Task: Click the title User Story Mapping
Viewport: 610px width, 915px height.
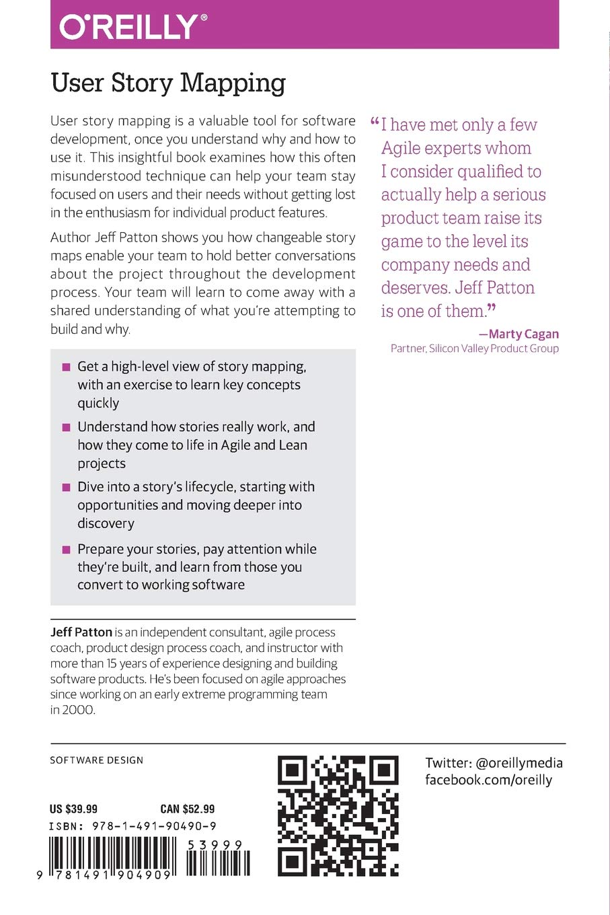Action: tap(168, 83)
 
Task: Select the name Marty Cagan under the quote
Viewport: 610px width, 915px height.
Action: tap(523, 334)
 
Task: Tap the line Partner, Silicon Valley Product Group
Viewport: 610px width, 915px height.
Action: tap(474, 349)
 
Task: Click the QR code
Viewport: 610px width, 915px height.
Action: tap(338, 815)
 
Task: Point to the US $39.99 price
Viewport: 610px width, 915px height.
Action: tap(73, 809)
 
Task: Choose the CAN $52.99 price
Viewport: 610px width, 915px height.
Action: tap(187, 809)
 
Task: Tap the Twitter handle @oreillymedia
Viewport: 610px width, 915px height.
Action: tap(519, 763)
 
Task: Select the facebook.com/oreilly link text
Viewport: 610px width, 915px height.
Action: tap(488, 780)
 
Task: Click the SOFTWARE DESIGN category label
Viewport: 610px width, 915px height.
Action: tap(96, 760)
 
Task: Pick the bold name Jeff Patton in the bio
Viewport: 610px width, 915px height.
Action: tap(81, 632)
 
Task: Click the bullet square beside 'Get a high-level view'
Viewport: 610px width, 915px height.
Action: tap(66, 367)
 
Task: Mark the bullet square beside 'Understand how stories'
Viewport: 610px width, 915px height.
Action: tap(66, 427)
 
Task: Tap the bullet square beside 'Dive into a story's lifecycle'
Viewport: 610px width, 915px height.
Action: tap(66, 487)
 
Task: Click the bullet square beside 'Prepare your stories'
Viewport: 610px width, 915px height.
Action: tap(66, 550)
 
